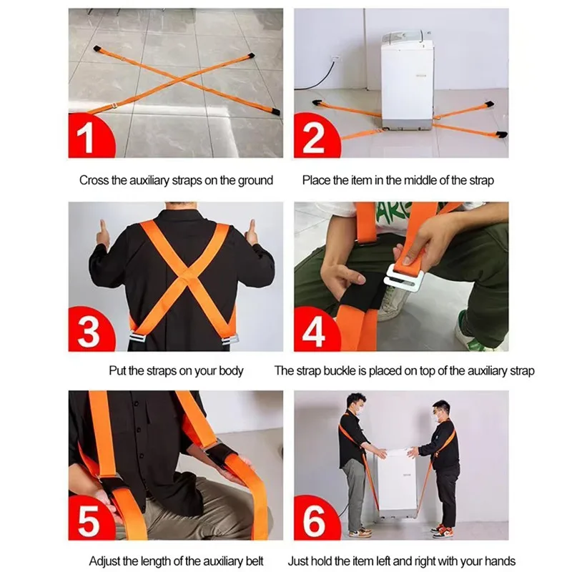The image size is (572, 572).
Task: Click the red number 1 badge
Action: tap(87, 138)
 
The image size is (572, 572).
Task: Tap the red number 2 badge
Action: tap(313, 138)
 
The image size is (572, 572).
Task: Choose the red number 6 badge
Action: tap(313, 522)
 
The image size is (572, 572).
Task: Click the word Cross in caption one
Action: tap(94, 180)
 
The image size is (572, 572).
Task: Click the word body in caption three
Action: tap(231, 370)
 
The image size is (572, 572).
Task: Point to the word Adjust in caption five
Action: tap(104, 561)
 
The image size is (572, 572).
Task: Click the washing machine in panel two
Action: tap(406, 82)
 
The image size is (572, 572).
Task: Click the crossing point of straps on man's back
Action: tap(185, 272)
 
